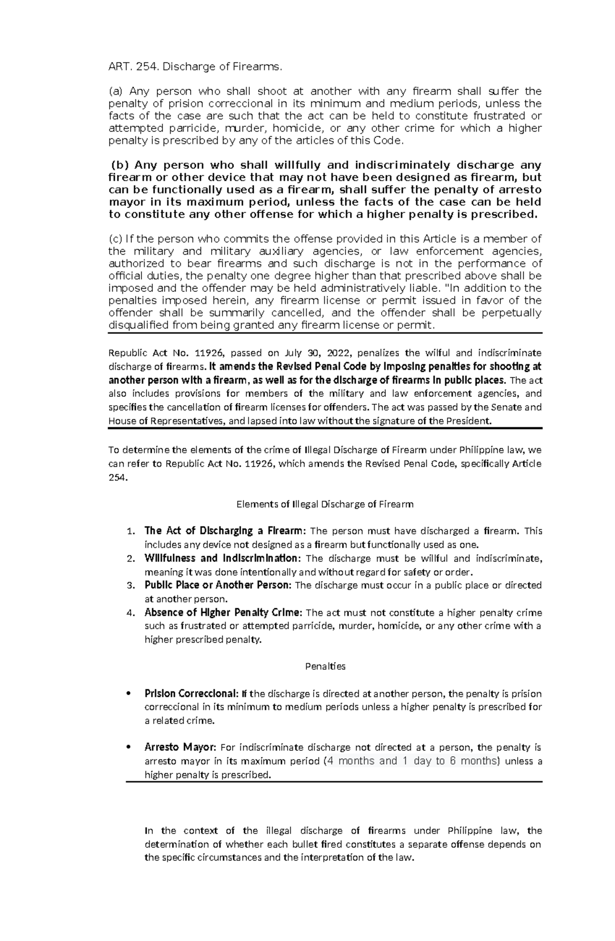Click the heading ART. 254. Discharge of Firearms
pos(195,67)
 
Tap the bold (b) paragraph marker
pos(121,165)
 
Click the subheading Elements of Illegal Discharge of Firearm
pos(324,504)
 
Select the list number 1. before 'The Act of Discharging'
pos(131,531)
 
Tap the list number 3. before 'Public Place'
pos(131,585)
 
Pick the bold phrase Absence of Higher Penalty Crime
pos(224,612)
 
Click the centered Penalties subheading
pos(325,667)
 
